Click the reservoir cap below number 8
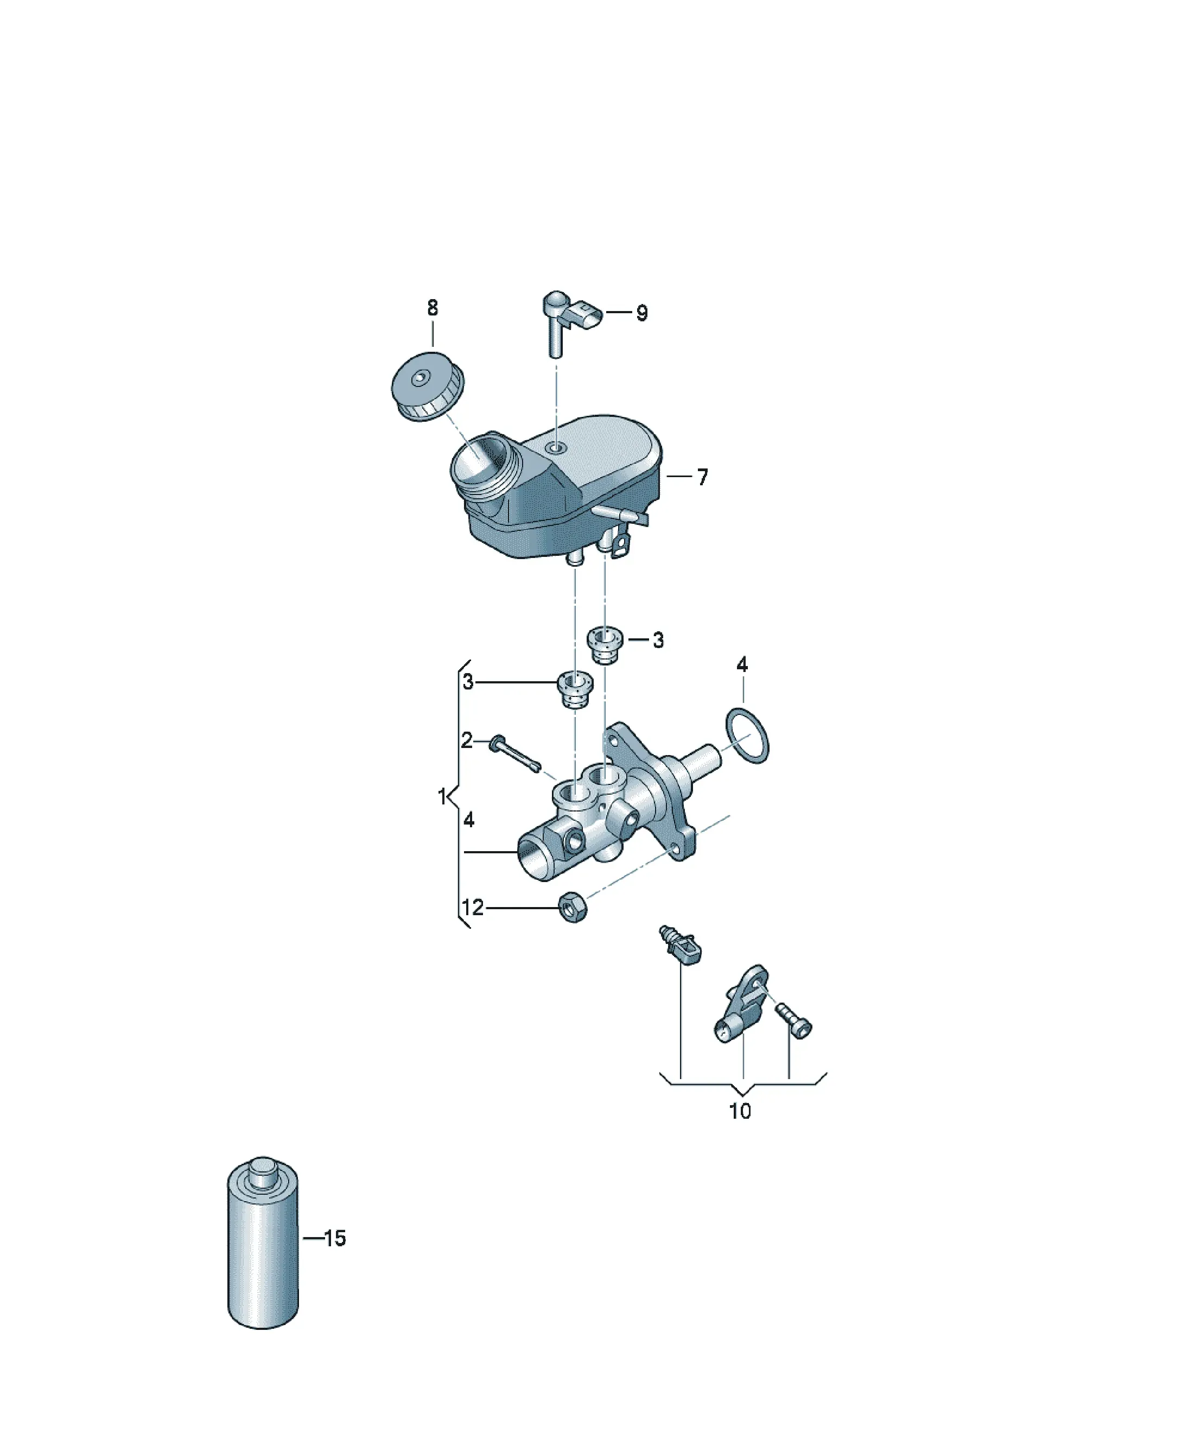coord(427,386)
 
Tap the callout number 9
coord(641,313)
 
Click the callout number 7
coord(702,477)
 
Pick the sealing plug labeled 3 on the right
coord(605,645)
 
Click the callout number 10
coord(740,1111)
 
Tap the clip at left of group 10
coord(681,946)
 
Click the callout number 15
coord(334,1238)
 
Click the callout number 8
coord(433,308)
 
